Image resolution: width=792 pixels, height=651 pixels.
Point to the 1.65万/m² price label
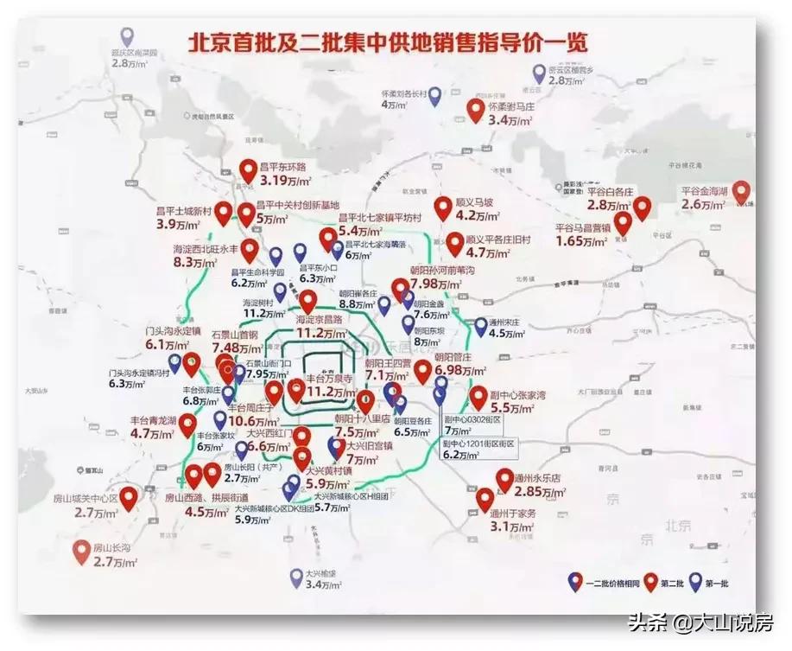(x=585, y=241)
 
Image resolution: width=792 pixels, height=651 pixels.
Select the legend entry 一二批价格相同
(x=609, y=584)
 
